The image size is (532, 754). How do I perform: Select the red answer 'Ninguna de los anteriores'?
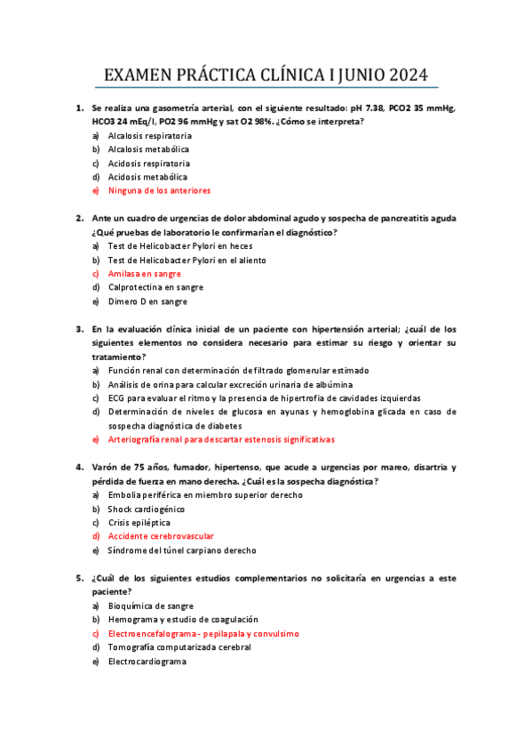[159, 190]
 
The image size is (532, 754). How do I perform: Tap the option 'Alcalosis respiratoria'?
[149, 136]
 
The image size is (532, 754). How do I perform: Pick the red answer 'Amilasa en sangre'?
[144, 274]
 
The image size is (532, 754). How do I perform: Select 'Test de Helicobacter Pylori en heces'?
[179, 246]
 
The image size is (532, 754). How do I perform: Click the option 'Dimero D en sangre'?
[147, 301]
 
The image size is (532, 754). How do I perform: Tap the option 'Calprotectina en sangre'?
[155, 287]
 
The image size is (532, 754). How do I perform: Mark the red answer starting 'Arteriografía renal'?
[221, 439]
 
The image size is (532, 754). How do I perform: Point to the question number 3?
[79, 328]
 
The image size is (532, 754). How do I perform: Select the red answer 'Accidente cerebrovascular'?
[161, 536]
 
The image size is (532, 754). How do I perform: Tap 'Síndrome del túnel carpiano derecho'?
[182, 550]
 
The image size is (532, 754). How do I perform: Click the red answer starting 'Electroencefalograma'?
[203, 634]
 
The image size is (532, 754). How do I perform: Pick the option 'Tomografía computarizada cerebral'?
[179, 647]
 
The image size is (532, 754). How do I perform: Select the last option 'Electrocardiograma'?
[147, 662]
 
